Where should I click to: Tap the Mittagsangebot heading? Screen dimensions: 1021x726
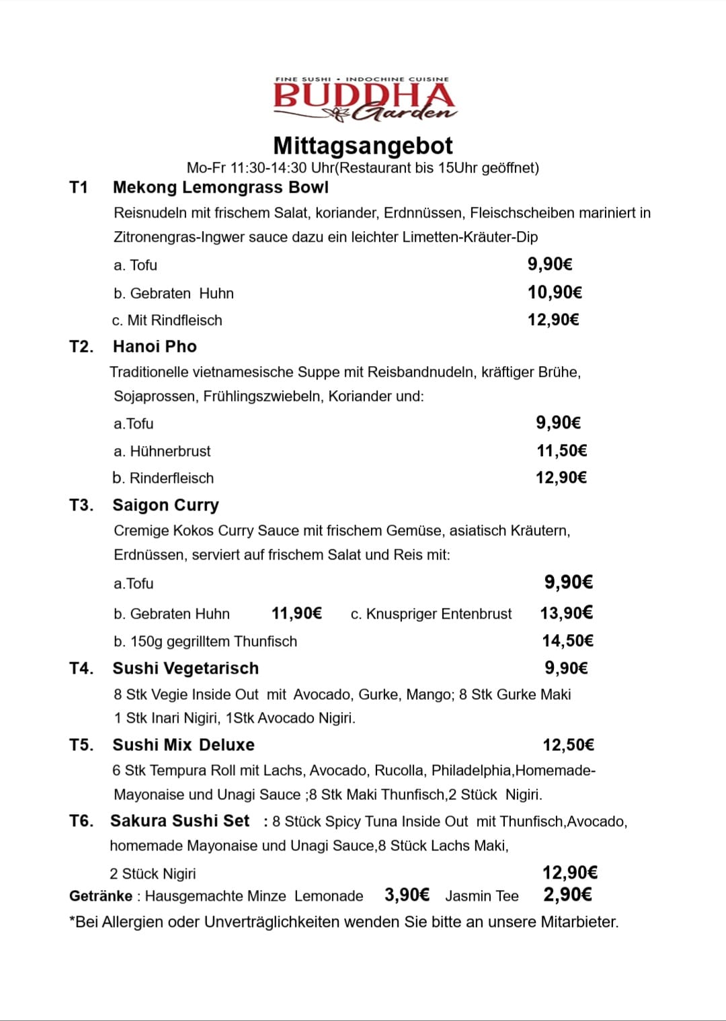363,146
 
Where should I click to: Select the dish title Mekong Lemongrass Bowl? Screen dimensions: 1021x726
220,187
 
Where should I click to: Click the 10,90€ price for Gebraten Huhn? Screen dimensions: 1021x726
555,292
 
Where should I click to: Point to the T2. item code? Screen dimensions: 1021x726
81,347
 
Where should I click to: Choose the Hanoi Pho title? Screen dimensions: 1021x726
155,347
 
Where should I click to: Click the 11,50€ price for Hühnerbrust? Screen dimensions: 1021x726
561,451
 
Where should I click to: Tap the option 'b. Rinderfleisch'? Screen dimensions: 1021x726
163,478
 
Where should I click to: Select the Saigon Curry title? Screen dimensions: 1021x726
165,505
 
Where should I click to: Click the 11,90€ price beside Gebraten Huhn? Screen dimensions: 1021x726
296,613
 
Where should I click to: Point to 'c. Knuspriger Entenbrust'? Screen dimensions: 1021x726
431,614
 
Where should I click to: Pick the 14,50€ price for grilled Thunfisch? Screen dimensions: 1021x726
567,641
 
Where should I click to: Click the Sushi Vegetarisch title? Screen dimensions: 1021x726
186,668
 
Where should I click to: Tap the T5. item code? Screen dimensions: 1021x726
81,745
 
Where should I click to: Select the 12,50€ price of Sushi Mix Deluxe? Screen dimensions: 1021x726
568,745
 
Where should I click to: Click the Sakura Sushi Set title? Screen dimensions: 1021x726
179,821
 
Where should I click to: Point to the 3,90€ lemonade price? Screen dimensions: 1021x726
407,895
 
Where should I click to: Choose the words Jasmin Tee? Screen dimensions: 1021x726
481,896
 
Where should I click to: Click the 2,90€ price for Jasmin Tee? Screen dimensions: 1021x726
567,895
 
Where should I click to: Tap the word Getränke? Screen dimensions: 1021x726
101,896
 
